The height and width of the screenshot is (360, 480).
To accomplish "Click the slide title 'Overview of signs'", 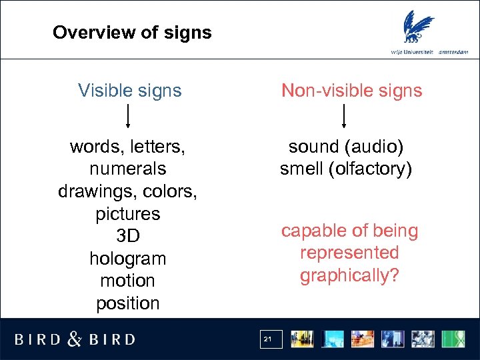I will click(x=132, y=32).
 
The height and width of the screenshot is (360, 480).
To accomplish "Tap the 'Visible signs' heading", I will click(x=129, y=91).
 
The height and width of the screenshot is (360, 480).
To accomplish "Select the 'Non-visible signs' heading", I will click(x=351, y=91).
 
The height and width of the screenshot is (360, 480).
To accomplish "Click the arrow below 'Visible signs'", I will click(x=128, y=117).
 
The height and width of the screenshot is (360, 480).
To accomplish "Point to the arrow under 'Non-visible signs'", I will click(x=344, y=117).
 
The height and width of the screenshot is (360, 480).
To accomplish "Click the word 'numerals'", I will click(x=127, y=169).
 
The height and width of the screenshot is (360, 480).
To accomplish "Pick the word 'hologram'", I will click(x=127, y=259).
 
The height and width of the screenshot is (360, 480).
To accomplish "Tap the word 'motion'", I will click(x=127, y=281).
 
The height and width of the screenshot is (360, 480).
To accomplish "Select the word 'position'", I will click(x=127, y=303).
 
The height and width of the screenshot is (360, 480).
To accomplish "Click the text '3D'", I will click(x=127, y=236).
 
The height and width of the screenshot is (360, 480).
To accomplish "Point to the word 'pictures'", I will click(x=127, y=214).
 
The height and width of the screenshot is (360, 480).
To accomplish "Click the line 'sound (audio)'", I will click(x=346, y=147).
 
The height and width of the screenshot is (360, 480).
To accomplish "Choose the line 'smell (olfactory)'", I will click(x=346, y=169).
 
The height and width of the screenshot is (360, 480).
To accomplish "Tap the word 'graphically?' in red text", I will click(x=349, y=275).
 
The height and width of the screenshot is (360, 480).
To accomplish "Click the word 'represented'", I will click(x=349, y=253).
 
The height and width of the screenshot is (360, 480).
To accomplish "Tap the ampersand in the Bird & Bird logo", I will click(x=75, y=339).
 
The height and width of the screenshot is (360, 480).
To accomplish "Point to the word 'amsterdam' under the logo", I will click(x=455, y=52).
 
